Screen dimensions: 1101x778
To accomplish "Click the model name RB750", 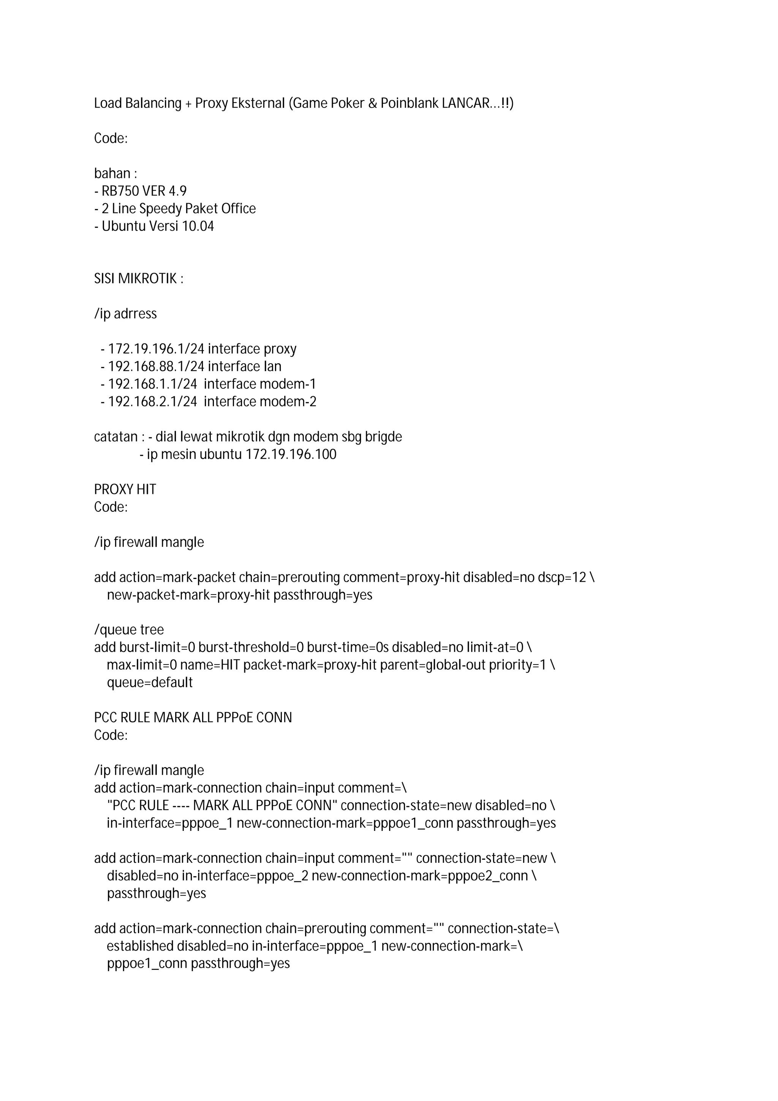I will tap(114, 191).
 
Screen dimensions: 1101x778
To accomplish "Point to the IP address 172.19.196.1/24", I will tap(156, 349).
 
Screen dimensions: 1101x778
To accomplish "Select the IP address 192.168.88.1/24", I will tap(156, 366).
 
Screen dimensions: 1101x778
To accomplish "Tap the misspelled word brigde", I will tap(383, 437).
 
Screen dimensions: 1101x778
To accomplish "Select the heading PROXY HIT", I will tap(125, 489).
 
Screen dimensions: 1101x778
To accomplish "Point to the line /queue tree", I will tap(129, 630).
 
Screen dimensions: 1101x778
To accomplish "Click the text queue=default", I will tap(150, 682).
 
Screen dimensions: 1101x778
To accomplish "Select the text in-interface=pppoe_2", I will tap(245, 876).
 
